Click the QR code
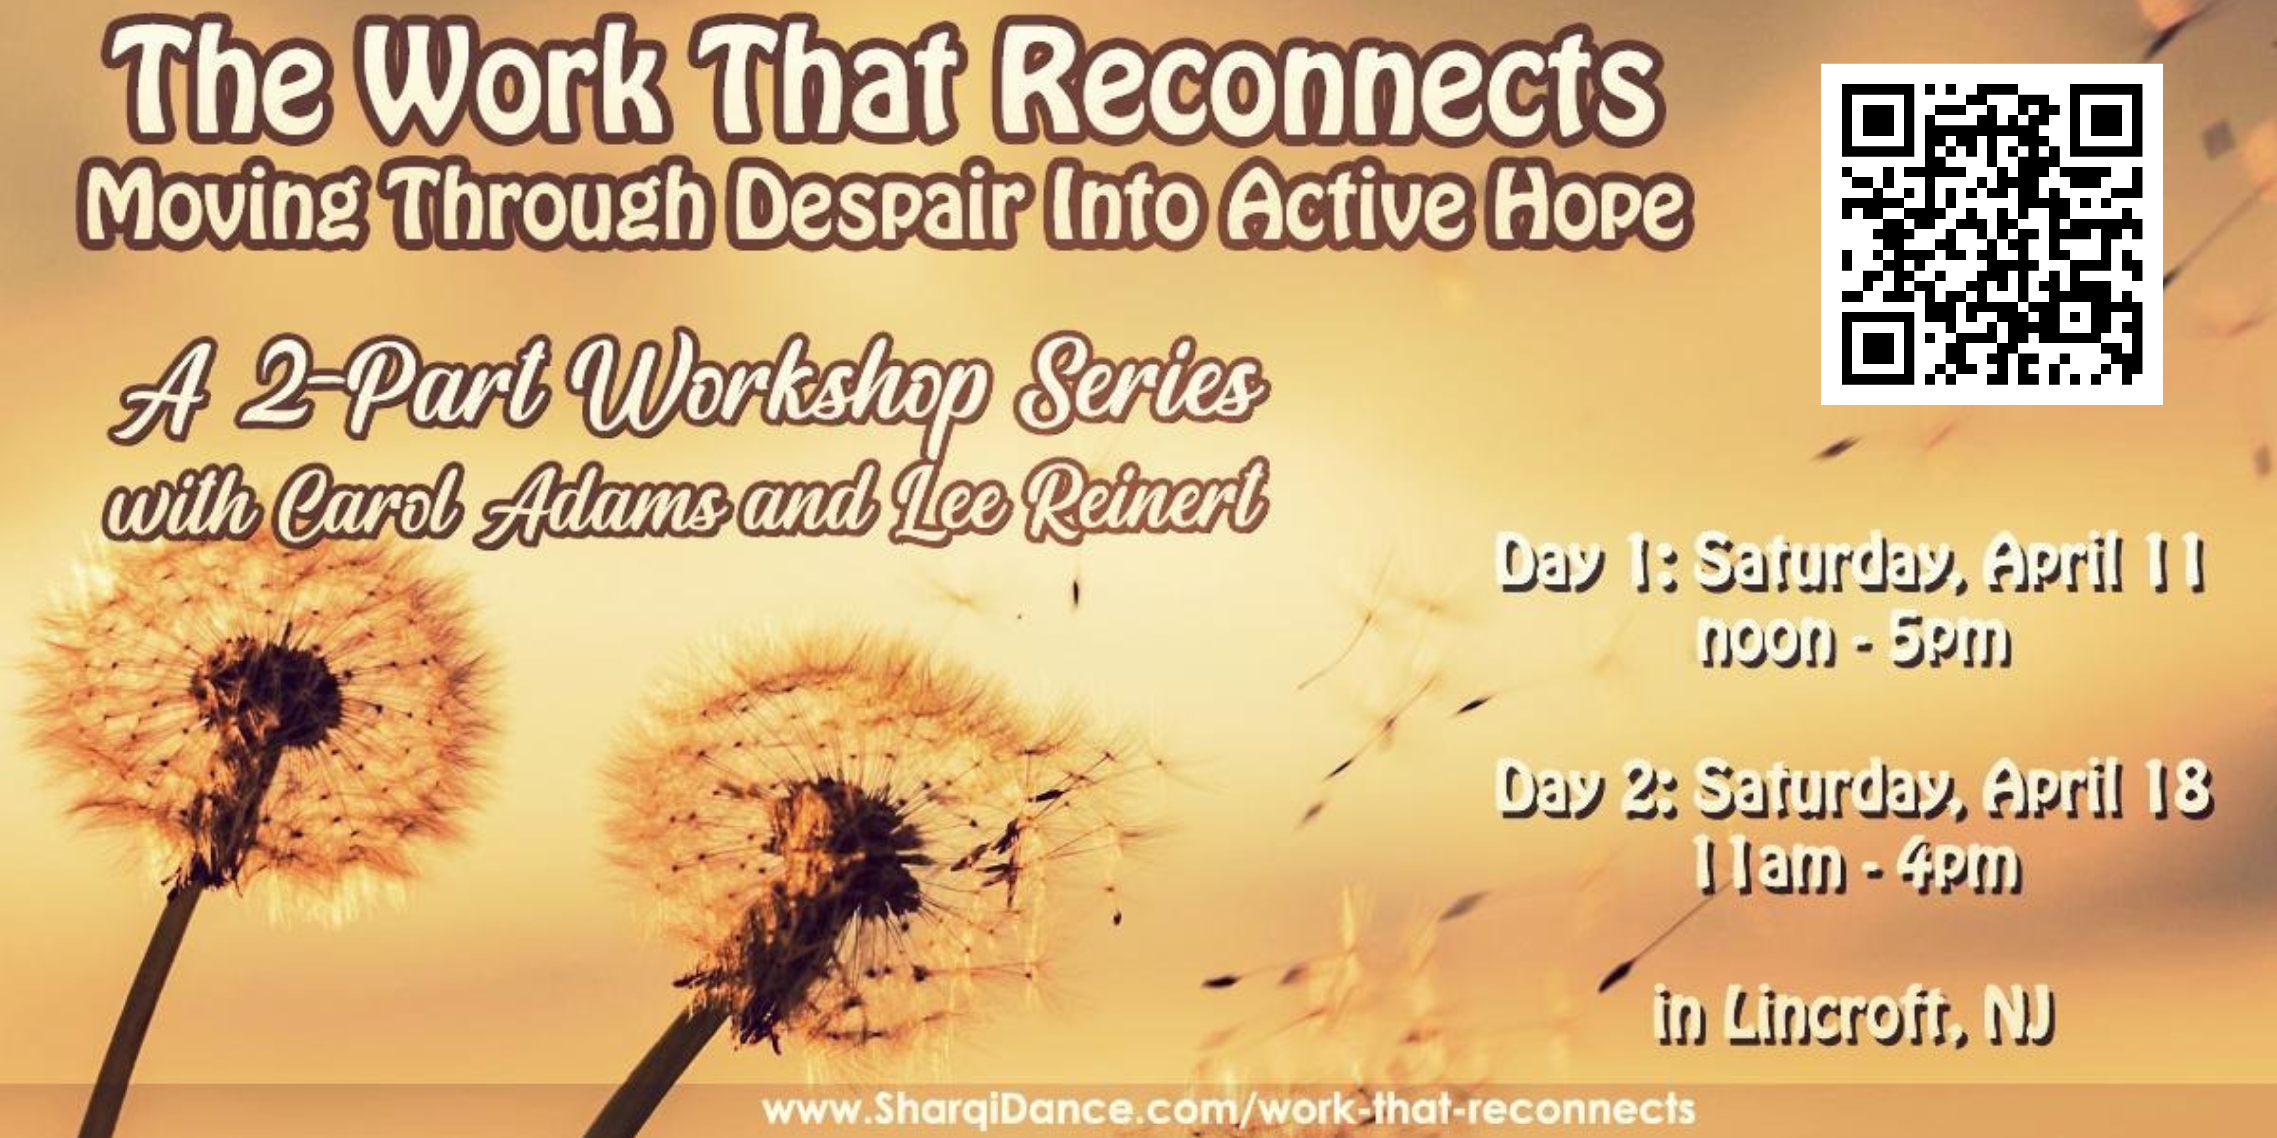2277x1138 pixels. (x=1991, y=234)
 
